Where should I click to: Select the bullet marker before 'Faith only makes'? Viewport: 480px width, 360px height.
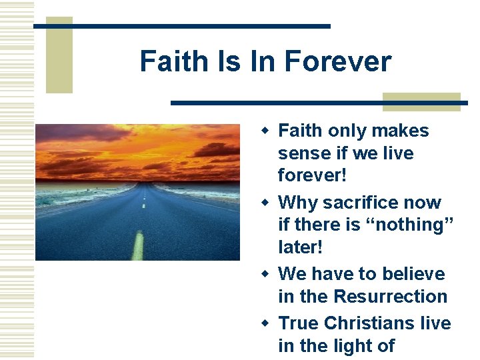point(267,129)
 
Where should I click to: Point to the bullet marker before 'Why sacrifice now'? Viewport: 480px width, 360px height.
point(267,201)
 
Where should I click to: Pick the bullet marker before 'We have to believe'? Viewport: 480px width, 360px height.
point(267,273)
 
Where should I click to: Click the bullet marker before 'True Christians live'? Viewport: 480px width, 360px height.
point(267,323)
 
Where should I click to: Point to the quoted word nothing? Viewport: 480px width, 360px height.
point(414,225)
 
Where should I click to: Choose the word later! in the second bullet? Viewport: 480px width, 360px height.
point(300,247)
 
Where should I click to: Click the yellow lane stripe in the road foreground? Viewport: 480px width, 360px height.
point(138,245)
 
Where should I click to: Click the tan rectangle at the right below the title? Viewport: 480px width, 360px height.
point(421,101)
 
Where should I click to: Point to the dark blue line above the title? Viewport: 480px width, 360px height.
point(181,26)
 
